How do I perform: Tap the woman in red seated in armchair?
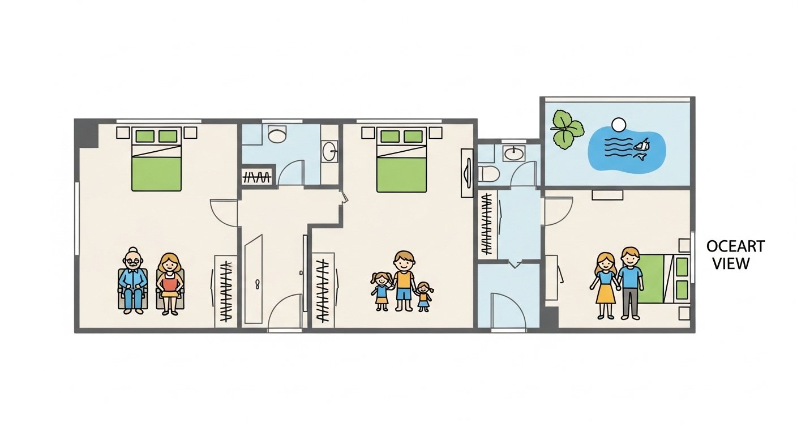click(170, 283)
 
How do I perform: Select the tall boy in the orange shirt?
click(404, 281)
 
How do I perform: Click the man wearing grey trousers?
click(630, 282)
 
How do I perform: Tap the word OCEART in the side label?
click(735, 247)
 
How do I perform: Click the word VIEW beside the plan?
click(731, 263)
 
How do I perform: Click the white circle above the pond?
click(619, 123)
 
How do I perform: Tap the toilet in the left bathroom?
click(277, 135)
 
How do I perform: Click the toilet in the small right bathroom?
click(489, 173)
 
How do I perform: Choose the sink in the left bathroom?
click(330, 151)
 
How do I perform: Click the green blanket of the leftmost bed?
click(157, 173)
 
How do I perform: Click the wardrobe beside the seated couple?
click(226, 290)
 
